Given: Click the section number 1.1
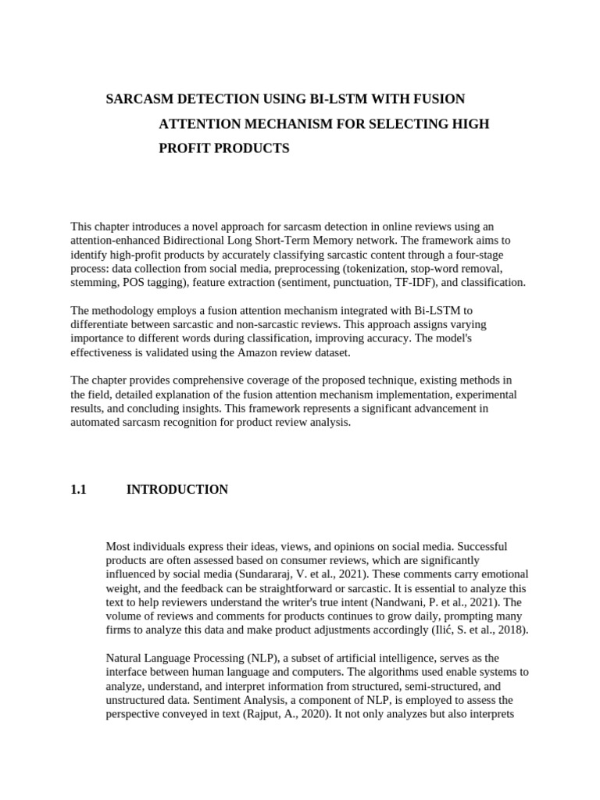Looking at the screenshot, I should click(x=77, y=490).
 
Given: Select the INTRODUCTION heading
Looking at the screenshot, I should click(x=177, y=490).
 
